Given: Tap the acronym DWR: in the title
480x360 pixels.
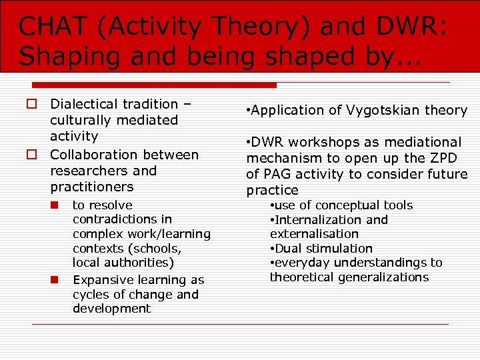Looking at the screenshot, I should pyautogui.click(x=415, y=26).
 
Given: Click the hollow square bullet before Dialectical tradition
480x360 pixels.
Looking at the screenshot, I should pyautogui.click(x=31, y=105).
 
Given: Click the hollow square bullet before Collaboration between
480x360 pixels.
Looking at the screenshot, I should pyautogui.click(x=31, y=155).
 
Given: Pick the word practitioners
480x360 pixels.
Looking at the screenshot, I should pyautogui.click(x=92, y=187).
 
